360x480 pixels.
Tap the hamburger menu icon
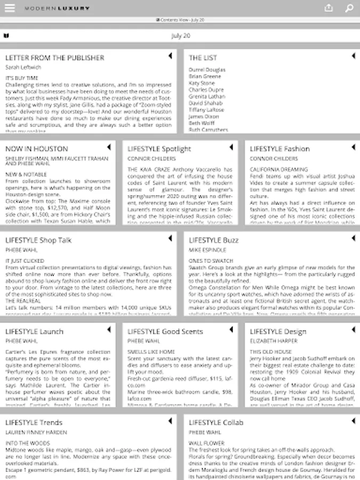(x=10, y=8)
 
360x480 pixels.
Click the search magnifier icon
(x=349, y=8)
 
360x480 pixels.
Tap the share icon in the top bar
(x=329, y=8)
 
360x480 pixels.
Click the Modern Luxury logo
(x=57, y=9)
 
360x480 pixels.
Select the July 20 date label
(x=180, y=36)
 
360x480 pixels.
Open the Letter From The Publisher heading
(x=55, y=58)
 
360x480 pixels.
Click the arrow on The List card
(x=353, y=55)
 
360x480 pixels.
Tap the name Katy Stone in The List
(x=202, y=83)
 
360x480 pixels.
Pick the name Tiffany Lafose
(x=206, y=110)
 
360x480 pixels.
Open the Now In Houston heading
(x=37, y=149)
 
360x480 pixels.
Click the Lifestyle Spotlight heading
(x=159, y=149)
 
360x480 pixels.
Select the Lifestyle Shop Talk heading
(x=38, y=241)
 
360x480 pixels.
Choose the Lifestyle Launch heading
(x=34, y=332)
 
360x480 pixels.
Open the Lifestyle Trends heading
(x=34, y=423)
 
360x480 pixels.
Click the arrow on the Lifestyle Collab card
(x=353, y=421)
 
